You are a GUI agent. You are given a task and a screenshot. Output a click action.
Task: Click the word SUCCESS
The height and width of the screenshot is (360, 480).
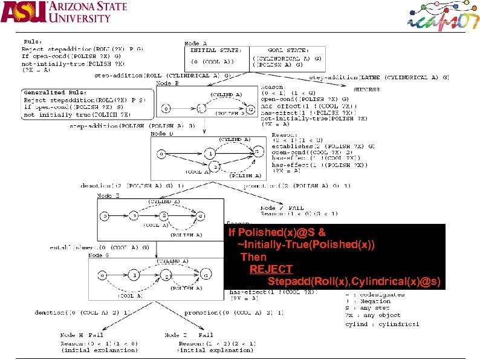367,89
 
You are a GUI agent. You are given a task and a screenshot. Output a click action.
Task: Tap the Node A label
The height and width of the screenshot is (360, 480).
195,44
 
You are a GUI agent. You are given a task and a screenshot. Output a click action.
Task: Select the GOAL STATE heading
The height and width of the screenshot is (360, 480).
288,50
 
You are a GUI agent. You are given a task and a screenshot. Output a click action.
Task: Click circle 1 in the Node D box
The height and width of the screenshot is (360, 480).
209,154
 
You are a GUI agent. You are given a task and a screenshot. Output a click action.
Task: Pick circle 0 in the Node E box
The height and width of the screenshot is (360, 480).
104,215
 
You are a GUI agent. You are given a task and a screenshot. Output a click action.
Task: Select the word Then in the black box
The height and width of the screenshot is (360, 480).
253,257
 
